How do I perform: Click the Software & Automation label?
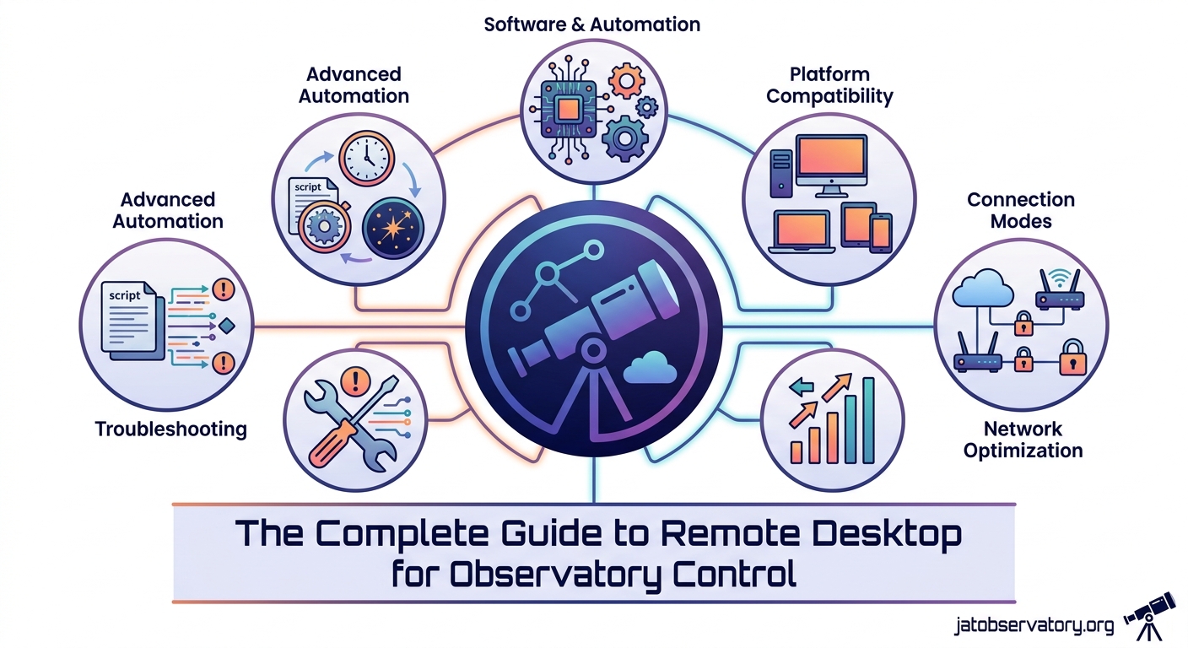tap(591, 24)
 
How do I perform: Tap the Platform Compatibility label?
tap(829, 85)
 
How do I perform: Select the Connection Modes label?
tap(1020, 210)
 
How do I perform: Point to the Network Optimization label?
tap(1023, 440)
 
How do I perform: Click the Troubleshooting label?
tap(170, 429)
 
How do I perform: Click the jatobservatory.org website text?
tap(1034, 625)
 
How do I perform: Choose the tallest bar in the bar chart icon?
tap(867, 419)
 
